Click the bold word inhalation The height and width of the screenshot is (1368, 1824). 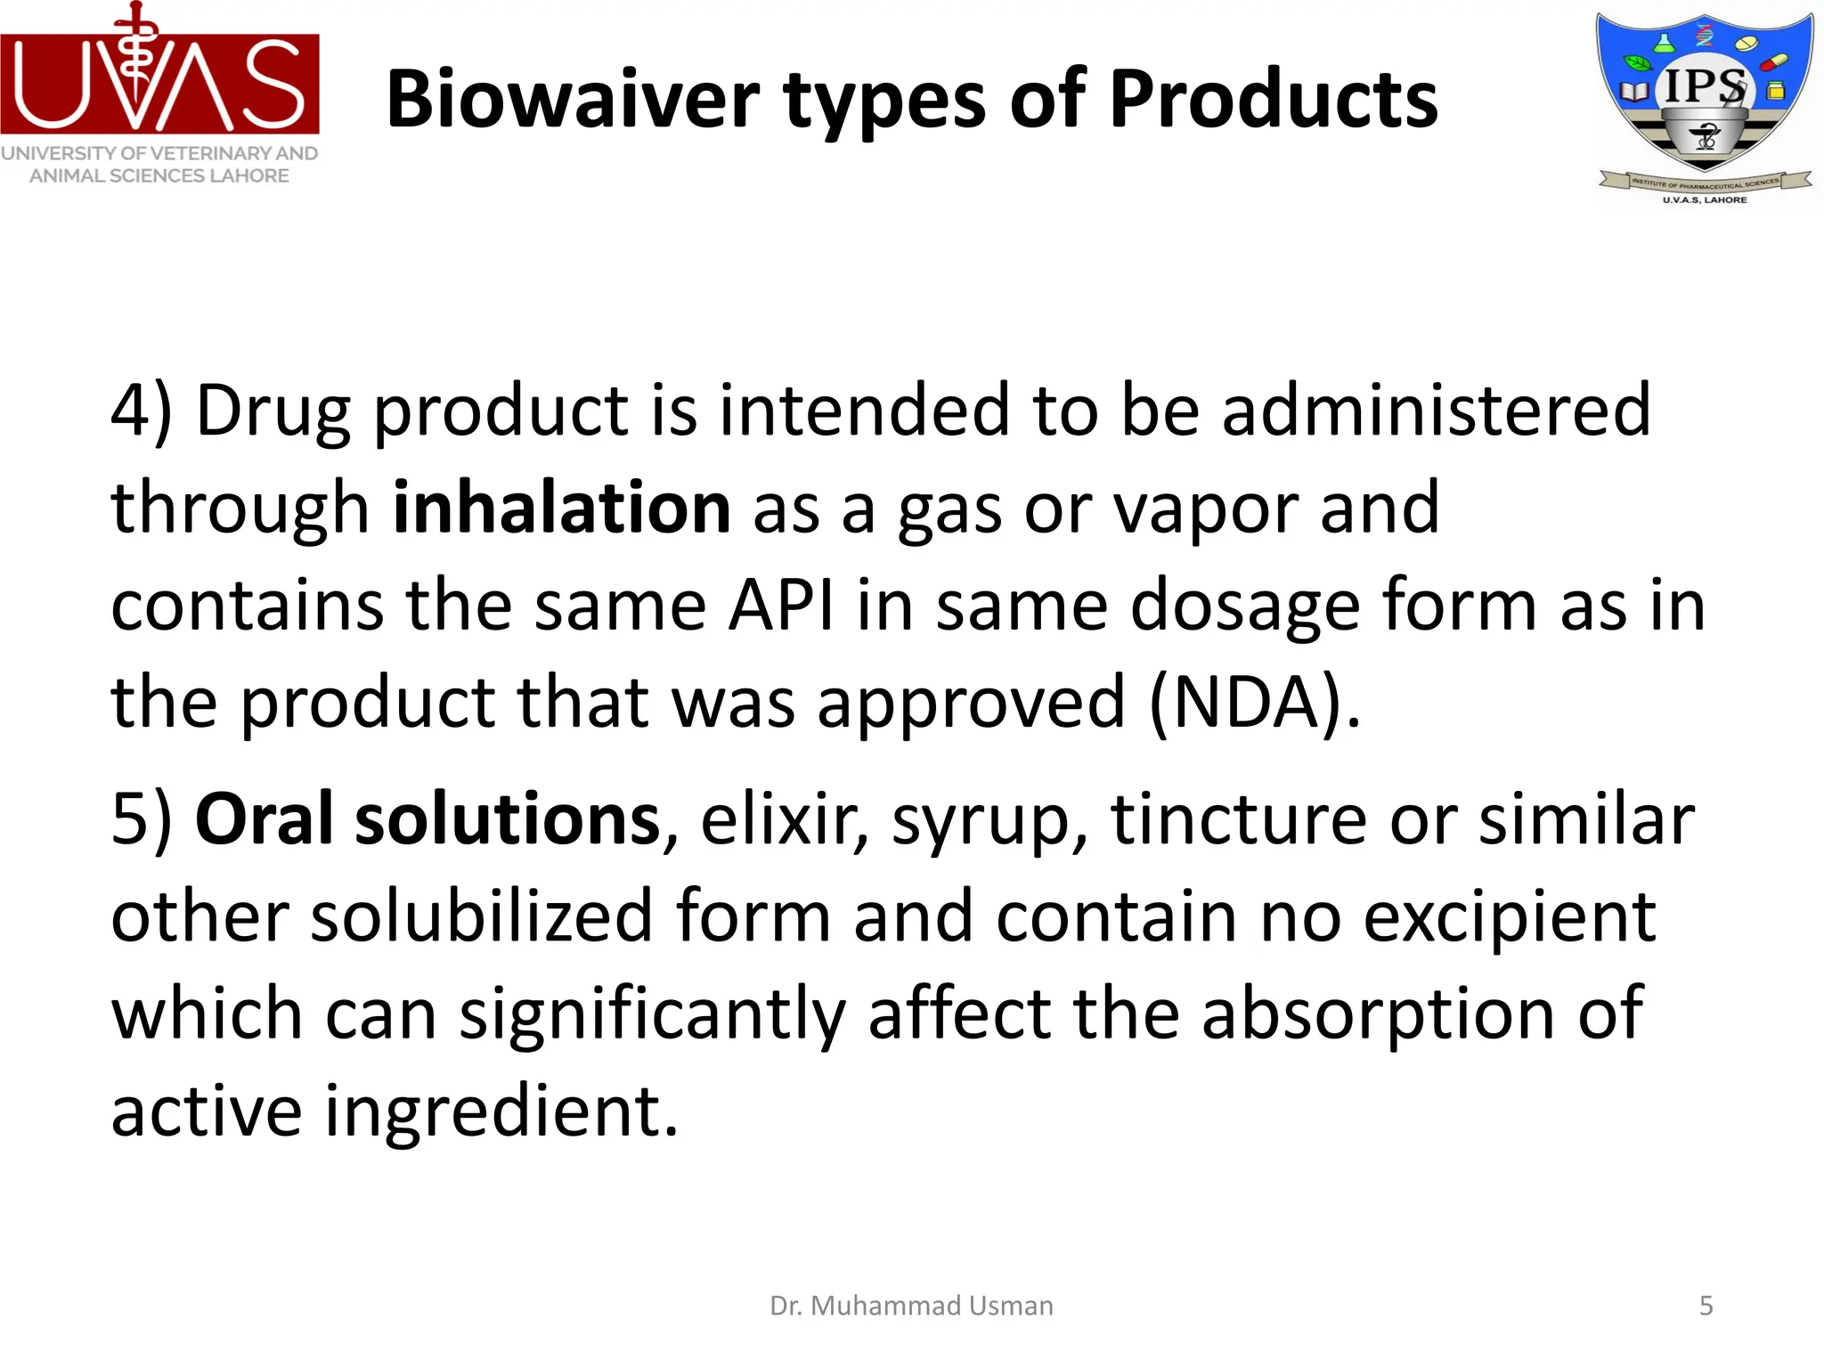click(x=562, y=508)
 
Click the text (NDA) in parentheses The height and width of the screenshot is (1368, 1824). click(x=1255, y=703)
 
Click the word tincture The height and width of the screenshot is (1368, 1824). click(x=1238, y=819)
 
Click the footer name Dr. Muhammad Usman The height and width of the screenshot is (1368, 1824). click(x=911, y=1306)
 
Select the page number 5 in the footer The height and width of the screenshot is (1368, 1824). click(x=1706, y=1306)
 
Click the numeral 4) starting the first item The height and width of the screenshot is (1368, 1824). click(x=141, y=411)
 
